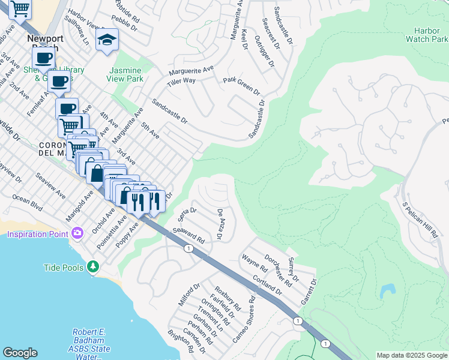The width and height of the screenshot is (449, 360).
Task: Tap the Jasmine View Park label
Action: [x=125, y=74]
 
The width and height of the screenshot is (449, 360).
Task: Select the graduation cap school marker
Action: [x=107, y=40]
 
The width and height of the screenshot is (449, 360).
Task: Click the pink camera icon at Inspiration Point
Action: [x=77, y=233]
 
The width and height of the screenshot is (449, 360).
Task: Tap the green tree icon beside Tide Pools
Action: [x=92, y=266]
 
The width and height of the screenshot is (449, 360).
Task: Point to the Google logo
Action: [x=20, y=353]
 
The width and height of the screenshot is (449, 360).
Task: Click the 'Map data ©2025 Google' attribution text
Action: [x=411, y=355]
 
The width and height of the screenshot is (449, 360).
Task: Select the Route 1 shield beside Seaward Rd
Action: [x=189, y=248]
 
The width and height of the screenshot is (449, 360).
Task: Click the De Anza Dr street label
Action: [x=220, y=224]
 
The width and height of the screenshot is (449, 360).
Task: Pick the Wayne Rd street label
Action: [x=254, y=262]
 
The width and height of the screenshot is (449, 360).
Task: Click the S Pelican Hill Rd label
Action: [x=421, y=221]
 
